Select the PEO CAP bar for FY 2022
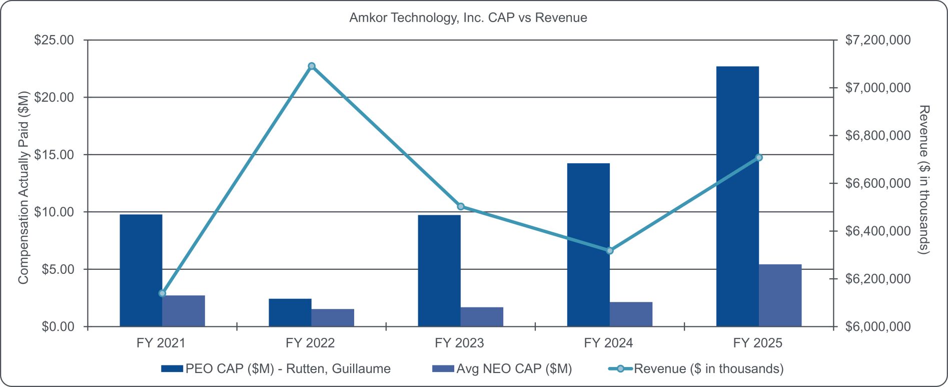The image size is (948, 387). pos(290,313)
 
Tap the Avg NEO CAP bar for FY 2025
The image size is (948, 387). pos(780,295)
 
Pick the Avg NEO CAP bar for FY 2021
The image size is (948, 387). pos(184,311)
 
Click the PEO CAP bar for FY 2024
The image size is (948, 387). pos(588,245)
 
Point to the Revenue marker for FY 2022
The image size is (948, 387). pos(312,66)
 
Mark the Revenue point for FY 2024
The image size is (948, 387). pos(609,251)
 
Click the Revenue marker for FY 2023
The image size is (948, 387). pos(461,206)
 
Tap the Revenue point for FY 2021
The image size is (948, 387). pos(162,293)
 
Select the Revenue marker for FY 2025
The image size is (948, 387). pos(759,158)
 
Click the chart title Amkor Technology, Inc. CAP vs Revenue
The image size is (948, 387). pos(468,18)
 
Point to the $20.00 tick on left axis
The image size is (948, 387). pos(54,97)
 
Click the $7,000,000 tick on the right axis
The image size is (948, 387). pos(877,88)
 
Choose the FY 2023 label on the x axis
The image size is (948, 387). pos(459,343)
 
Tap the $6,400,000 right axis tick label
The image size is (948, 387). pos(877,231)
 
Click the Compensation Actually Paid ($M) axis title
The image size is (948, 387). pos(23,188)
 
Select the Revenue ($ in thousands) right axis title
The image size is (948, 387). pos(924,179)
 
